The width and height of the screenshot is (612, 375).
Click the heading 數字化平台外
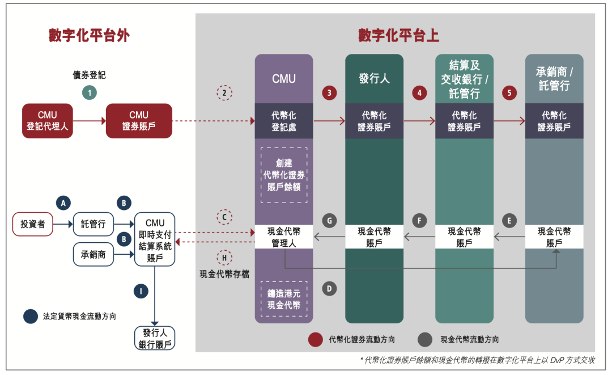coord(89,35)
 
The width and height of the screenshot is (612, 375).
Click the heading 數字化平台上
coord(398,35)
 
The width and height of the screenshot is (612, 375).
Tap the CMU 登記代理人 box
coord(48,121)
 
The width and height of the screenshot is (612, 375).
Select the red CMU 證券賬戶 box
coord(139,121)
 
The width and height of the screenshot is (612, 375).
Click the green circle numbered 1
coord(89,92)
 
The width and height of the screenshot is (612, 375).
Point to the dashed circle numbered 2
coord(224,92)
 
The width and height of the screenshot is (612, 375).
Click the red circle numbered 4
coord(419,92)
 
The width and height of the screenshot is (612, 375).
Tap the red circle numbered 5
coord(509,92)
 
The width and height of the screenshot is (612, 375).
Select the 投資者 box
coord(33,224)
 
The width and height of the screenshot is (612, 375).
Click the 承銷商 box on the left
coord(90,255)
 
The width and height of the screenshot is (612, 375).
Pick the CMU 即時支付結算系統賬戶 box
coord(155,240)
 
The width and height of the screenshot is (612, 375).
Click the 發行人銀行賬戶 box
coord(155,339)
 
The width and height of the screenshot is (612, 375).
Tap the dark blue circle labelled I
coord(141,292)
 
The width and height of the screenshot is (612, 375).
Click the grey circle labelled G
coord(329,220)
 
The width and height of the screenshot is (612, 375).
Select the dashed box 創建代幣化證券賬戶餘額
coord(284,175)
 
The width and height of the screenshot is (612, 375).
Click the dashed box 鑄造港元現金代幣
coord(284,299)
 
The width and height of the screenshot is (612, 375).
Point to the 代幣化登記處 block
coord(284,121)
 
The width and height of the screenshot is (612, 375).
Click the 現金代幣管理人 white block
coord(284,237)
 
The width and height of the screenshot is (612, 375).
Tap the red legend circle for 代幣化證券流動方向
coord(316,340)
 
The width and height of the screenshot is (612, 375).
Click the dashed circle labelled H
coord(224,258)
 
